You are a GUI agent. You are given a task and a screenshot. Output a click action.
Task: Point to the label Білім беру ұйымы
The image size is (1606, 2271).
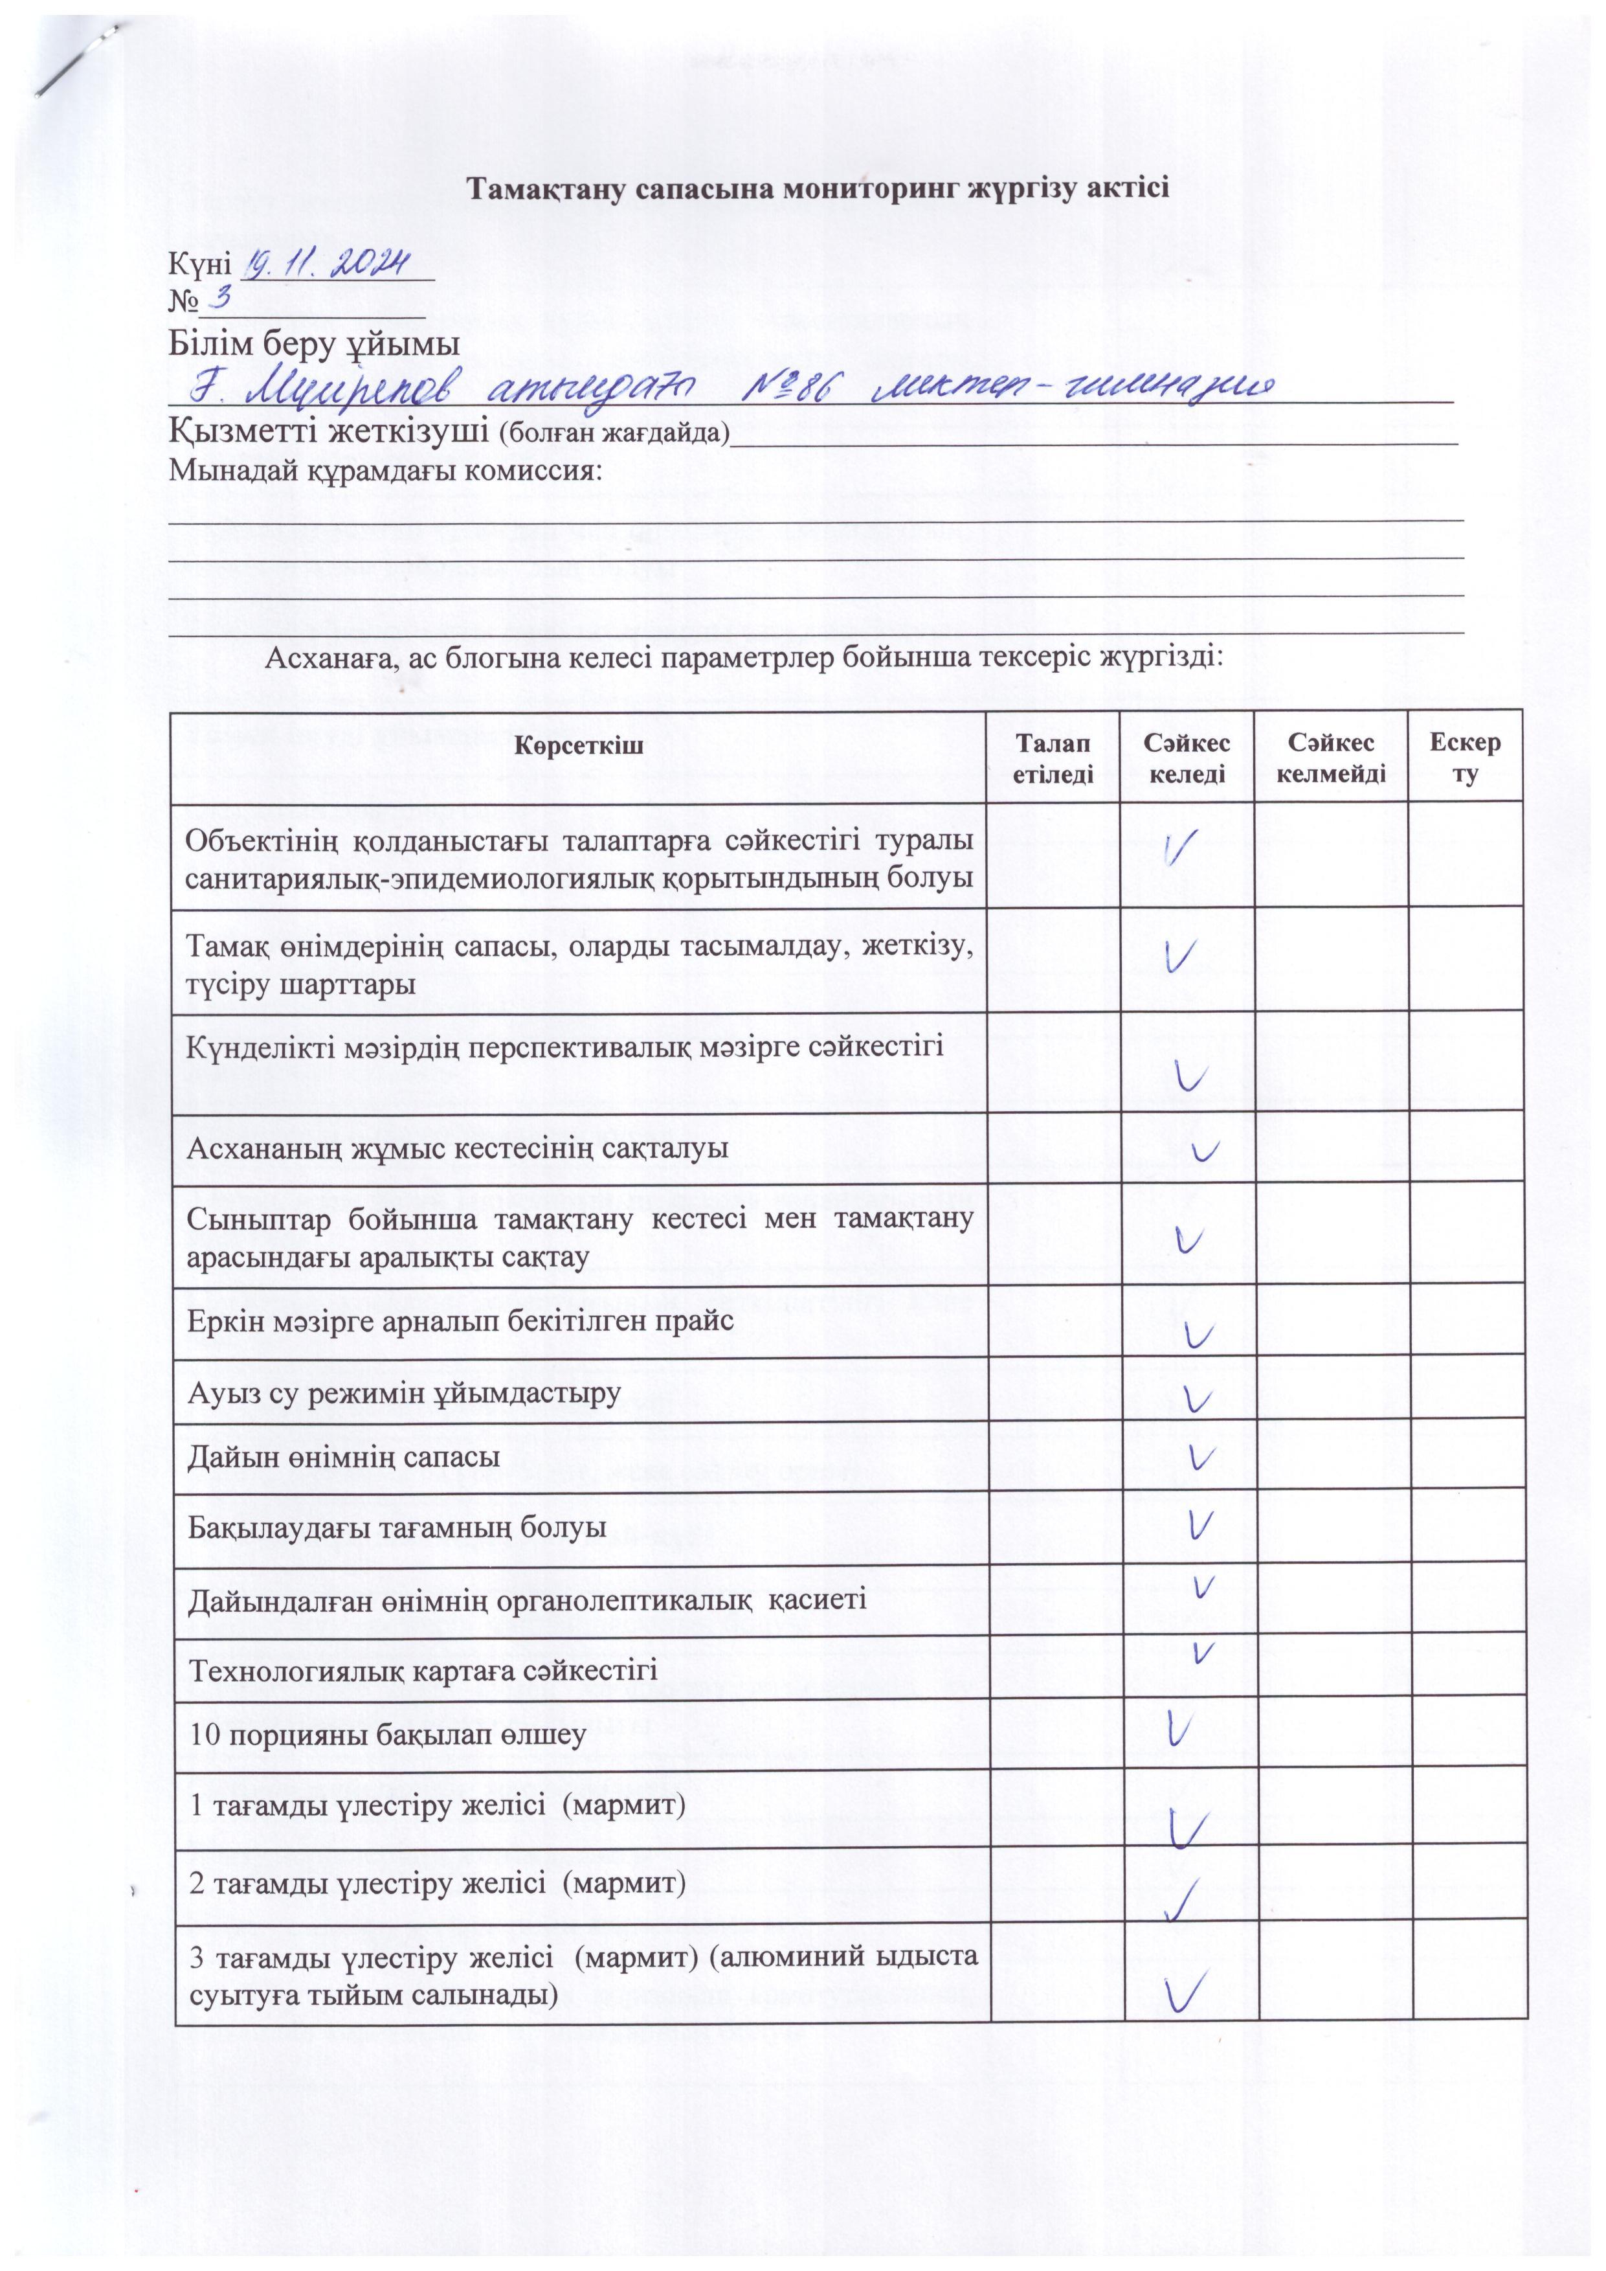click(315, 345)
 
